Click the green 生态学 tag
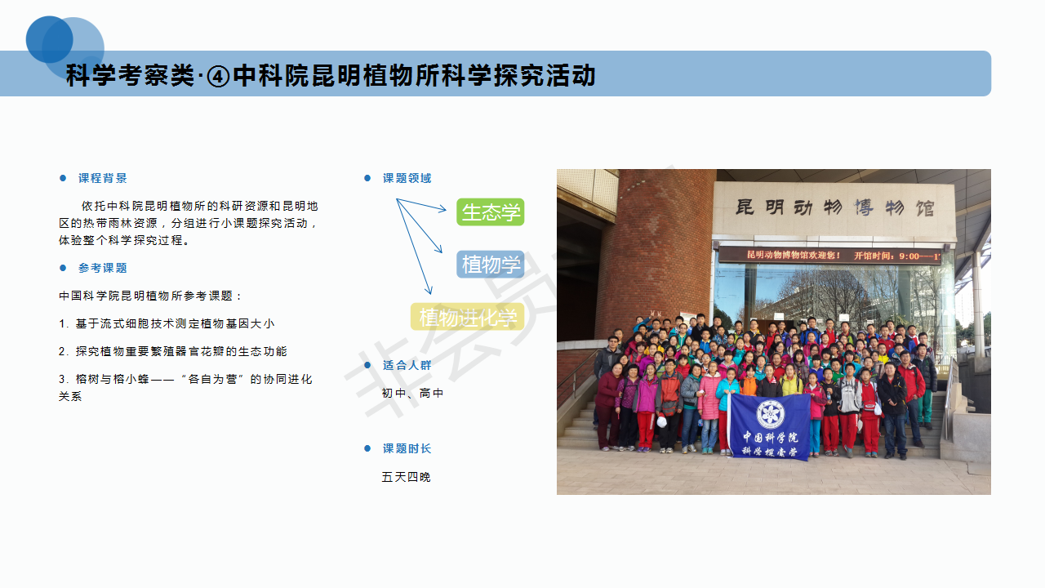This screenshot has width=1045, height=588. (491, 212)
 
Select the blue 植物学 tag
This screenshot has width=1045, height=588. (491, 265)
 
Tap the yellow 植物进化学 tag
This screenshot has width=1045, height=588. (468, 317)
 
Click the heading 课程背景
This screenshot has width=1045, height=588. (103, 178)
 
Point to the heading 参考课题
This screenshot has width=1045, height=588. (103, 268)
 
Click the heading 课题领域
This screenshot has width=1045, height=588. (407, 178)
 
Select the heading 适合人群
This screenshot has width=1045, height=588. (407, 365)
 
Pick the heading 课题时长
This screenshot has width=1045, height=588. (407, 448)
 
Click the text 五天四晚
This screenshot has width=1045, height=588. (406, 477)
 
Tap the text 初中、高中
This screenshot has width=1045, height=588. (412, 394)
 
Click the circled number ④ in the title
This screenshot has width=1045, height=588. (218, 77)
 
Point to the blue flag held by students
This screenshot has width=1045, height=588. (770, 426)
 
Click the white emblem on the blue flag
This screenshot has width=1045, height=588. (770, 413)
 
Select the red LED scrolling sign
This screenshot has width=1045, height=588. (829, 256)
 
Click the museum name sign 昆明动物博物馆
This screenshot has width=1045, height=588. (834, 207)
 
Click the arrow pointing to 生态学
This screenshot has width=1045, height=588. (422, 205)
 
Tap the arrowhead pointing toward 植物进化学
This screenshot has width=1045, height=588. (429, 289)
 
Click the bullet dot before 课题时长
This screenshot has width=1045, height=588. (367, 448)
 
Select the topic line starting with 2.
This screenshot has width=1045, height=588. (172, 351)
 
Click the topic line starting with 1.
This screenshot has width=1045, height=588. (167, 323)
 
